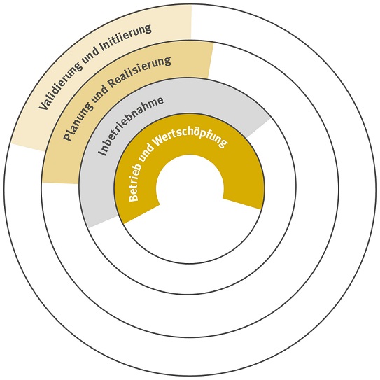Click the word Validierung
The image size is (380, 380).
click(x=59, y=87)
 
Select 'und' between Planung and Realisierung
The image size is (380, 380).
click(x=101, y=93)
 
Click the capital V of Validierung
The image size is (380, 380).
click(x=43, y=106)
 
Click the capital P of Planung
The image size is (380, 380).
click(x=66, y=137)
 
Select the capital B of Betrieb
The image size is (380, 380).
click(x=133, y=197)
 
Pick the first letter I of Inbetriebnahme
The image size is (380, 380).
click(x=102, y=152)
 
